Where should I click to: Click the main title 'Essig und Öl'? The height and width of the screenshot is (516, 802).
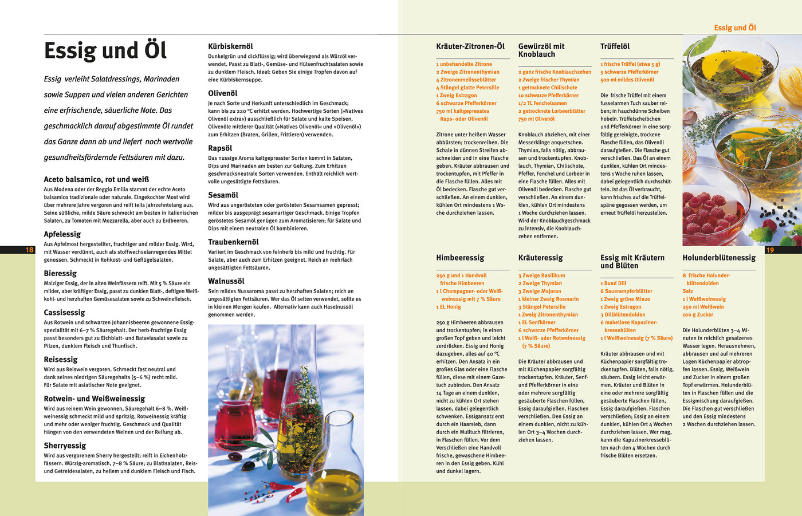[x=105, y=50]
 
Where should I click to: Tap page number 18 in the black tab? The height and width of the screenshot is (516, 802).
[x=30, y=250]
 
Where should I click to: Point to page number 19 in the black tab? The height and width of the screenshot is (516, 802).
[x=770, y=250]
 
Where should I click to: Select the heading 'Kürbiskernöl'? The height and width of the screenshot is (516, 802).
[x=230, y=46]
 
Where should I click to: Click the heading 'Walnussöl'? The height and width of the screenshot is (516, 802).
[x=226, y=281]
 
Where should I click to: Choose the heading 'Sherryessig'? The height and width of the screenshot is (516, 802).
[x=65, y=446]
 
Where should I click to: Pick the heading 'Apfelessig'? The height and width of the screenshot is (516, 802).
[x=62, y=234]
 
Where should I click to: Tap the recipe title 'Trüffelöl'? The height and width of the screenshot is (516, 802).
[x=615, y=46]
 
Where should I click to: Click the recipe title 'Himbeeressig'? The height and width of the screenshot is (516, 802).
[x=460, y=258]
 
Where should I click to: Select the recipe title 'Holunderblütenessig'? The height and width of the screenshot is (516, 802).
[x=719, y=258]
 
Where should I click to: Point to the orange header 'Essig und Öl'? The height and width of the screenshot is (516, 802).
[x=735, y=27]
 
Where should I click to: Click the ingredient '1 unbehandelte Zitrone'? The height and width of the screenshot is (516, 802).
[x=464, y=64]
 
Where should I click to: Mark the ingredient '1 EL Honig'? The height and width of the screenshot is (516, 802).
[x=449, y=307]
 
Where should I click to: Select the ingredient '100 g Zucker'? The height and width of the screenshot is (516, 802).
[x=698, y=314]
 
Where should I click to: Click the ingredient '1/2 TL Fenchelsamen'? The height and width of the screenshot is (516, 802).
[x=542, y=103]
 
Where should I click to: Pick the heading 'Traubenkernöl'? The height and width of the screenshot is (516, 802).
[x=233, y=242]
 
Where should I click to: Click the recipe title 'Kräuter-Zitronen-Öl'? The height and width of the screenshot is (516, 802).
[x=470, y=46]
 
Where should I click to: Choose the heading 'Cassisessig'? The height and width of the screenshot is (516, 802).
[x=64, y=313]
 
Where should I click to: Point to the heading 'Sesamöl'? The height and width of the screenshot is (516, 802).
[x=223, y=195]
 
